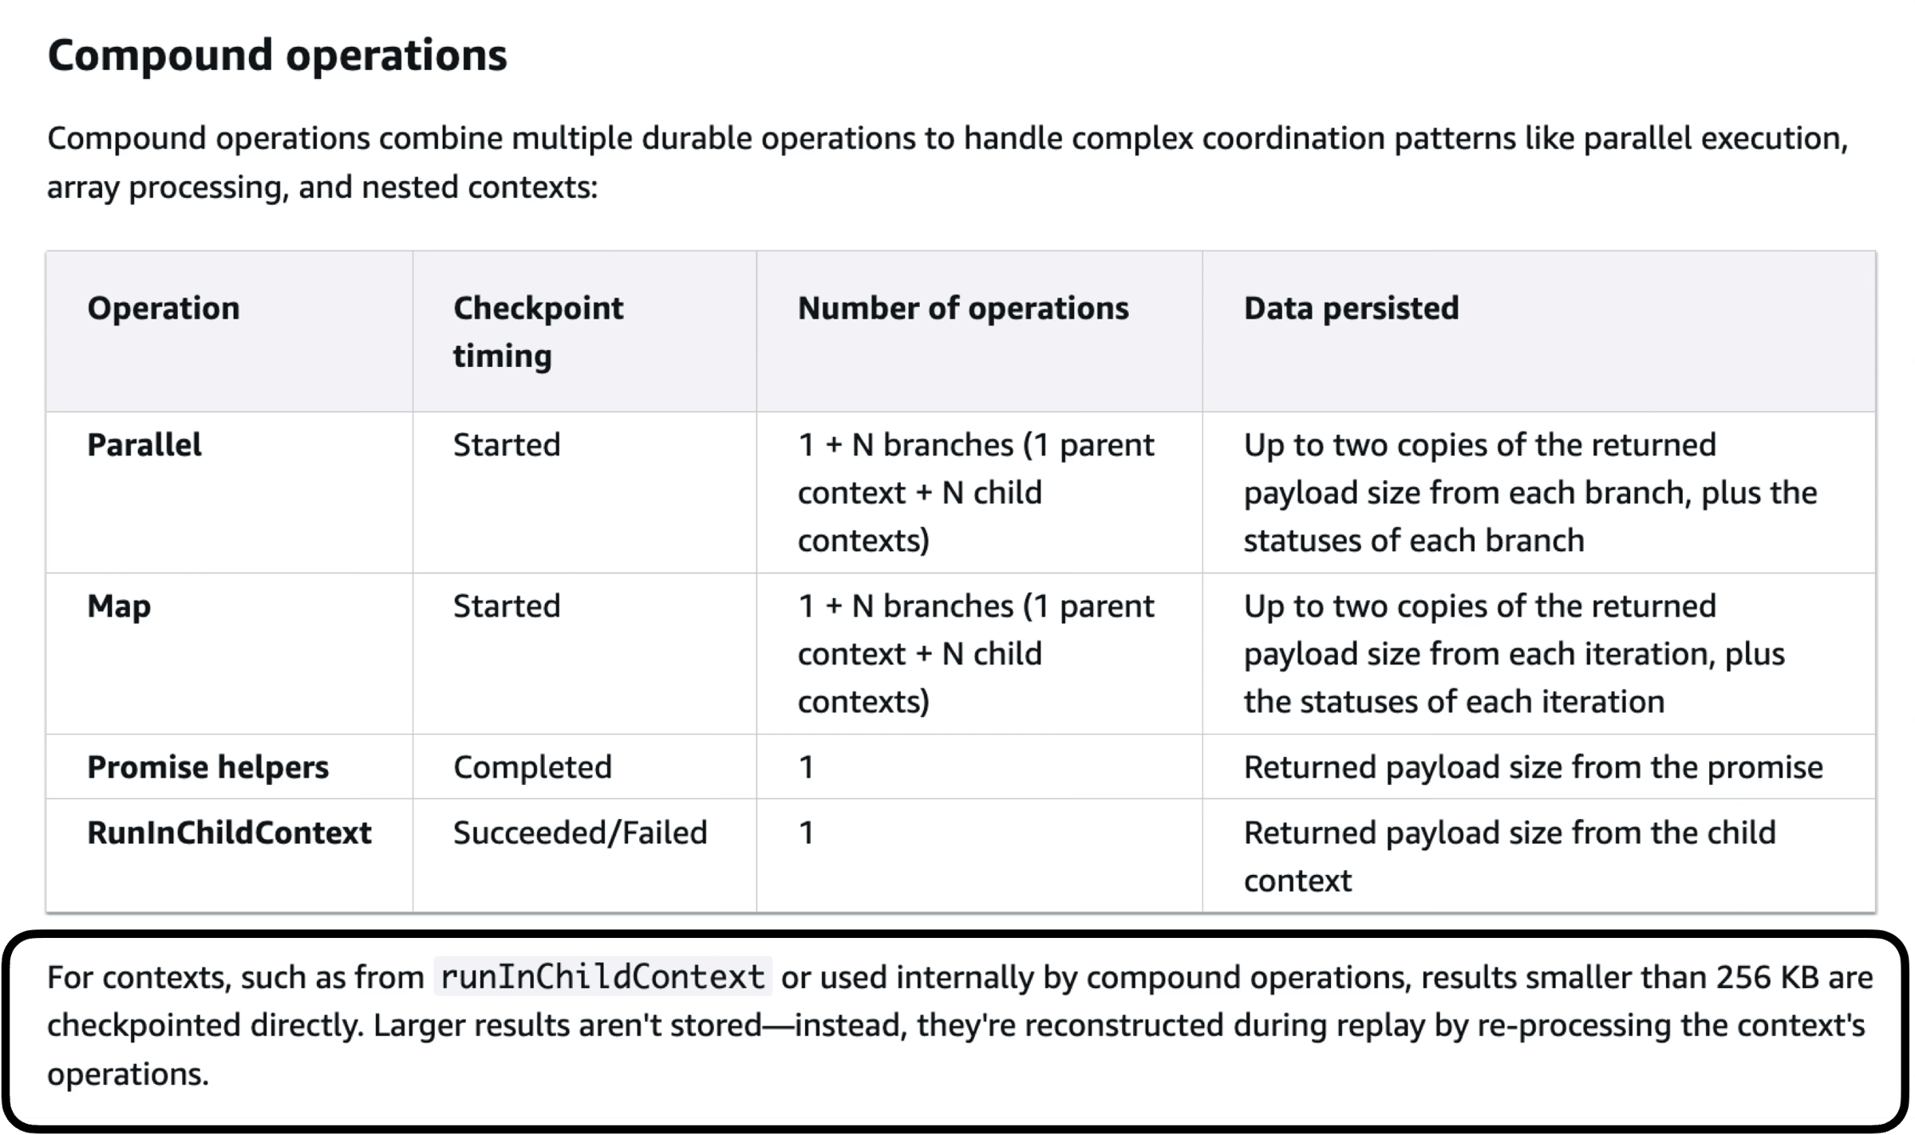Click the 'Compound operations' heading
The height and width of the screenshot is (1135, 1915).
click(x=277, y=56)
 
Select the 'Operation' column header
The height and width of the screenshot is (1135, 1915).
click(x=164, y=309)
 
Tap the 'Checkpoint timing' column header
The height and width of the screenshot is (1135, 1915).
click(x=539, y=332)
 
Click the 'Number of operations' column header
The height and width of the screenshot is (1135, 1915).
click(x=963, y=309)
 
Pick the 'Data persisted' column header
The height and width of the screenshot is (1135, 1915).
click(x=1351, y=309)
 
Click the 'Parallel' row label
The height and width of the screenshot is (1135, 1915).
click(x=144, y=445)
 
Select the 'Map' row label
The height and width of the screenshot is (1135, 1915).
click(x=119, y=607)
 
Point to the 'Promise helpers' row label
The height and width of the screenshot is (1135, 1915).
click(x=207, y=767)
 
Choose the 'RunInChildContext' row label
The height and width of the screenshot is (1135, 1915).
click(x=229, y=833)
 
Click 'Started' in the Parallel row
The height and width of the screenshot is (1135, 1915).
click(x=507, y=445)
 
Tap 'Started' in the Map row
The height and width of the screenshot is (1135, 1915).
click(x=507, y=606)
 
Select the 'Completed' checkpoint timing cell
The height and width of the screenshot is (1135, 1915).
click(x=532, y=767)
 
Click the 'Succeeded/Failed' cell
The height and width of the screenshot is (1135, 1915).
click(x=580, y=833)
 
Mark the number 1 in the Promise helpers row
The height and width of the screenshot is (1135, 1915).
click(x=806, y=767)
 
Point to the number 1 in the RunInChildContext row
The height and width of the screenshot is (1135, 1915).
click(x=806, y=833)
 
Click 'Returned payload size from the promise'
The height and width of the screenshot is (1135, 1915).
click(x=1533, y=767)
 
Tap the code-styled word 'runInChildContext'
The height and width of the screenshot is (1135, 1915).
click(x=602, y=977)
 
